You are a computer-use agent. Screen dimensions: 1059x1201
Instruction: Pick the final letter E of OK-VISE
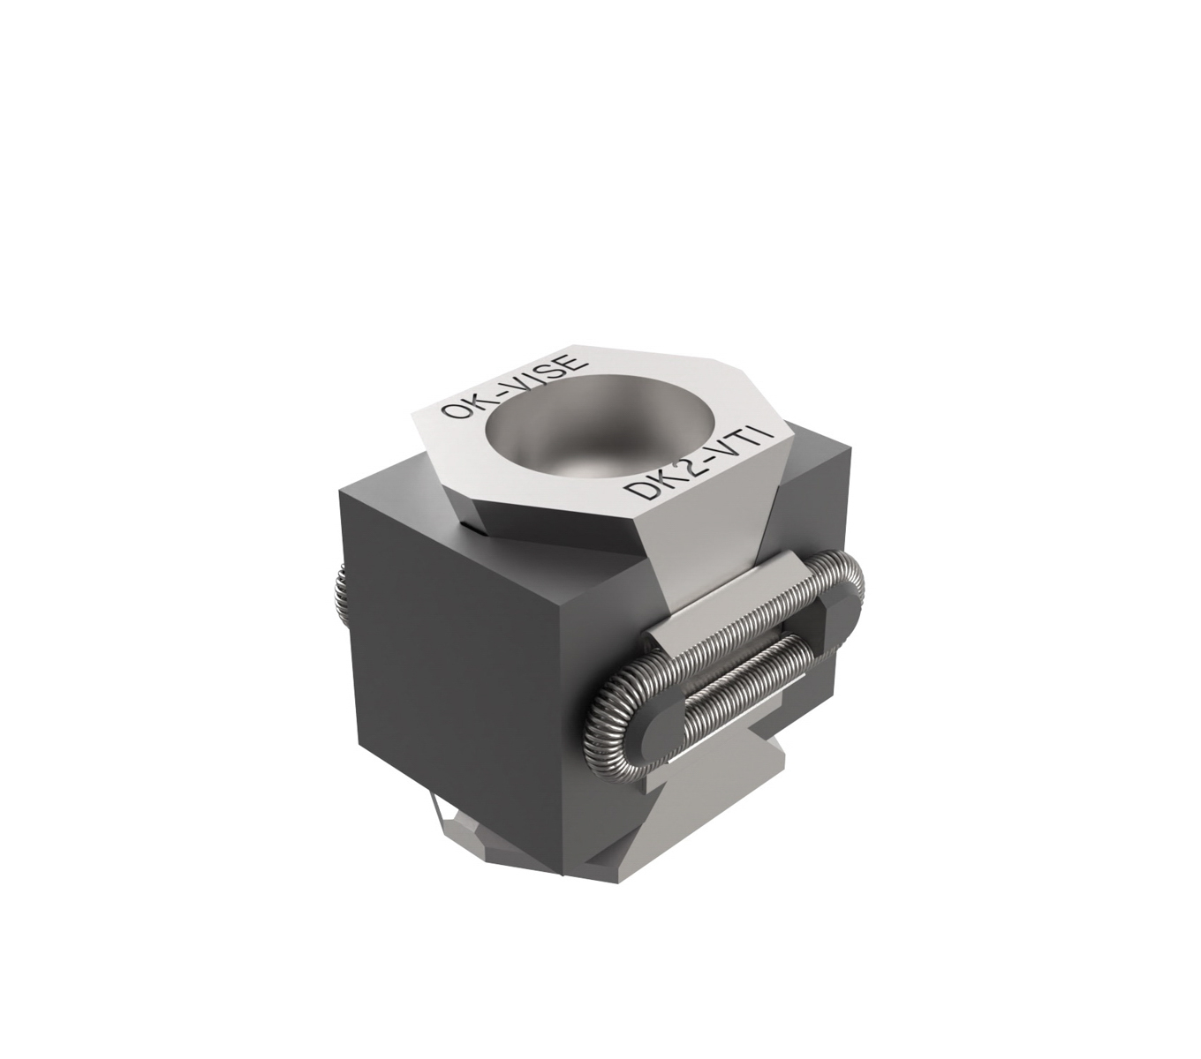pyautogui.click(x=571, y=364)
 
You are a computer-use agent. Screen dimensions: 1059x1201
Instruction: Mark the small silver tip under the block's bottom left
pyautogui.click(x=459, y=830)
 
